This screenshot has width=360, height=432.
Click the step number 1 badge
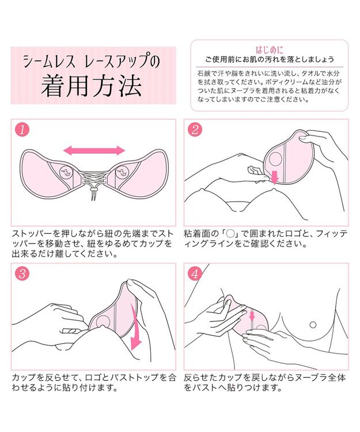21,130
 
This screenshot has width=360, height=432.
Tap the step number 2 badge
194,130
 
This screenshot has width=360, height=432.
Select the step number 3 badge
21,274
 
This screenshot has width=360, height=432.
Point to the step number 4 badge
194,274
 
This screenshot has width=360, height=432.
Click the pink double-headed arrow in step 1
94,150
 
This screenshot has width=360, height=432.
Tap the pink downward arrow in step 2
274,177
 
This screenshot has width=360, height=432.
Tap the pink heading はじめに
268,50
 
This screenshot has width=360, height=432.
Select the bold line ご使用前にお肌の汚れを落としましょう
269,60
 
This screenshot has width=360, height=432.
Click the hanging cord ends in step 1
93,199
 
